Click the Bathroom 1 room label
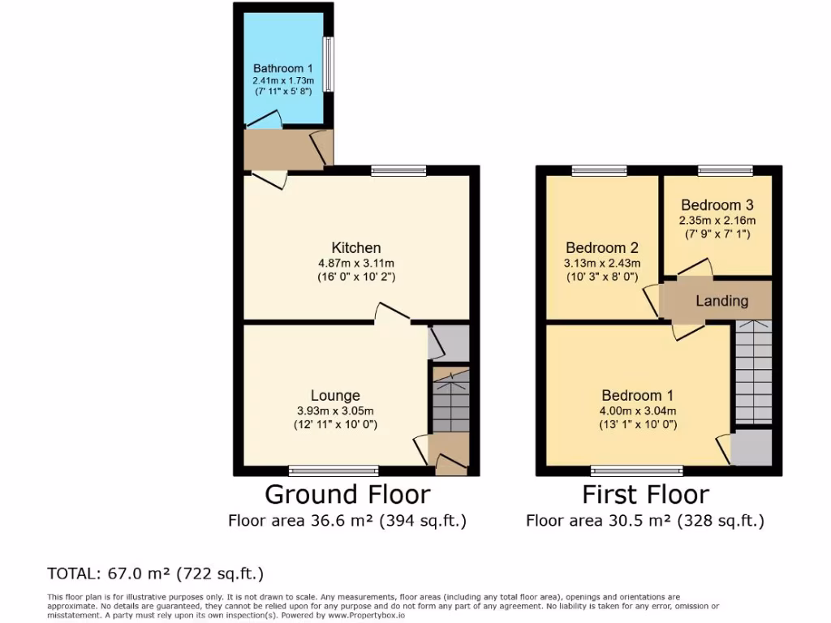coord(282,69)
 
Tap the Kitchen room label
coord(355,247)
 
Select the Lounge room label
coord(334,396)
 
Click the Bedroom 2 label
coord(601,248)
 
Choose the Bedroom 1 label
coord(637,396)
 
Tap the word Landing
coord(721,301)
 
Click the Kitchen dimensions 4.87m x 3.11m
coord(355,263)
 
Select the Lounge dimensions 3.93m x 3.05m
coord(334,410)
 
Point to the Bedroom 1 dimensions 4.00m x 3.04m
coord(637,410)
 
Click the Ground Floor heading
coord(347,494)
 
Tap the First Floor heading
coord(645,494)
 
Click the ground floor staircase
coord(450,401)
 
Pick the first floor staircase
coord(753,372)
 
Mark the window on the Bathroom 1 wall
coord(329,64)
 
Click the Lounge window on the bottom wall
coord(334,470)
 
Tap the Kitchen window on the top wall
coord(398,170)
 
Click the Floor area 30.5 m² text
coord(645,521)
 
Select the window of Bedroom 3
coord(724,170)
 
